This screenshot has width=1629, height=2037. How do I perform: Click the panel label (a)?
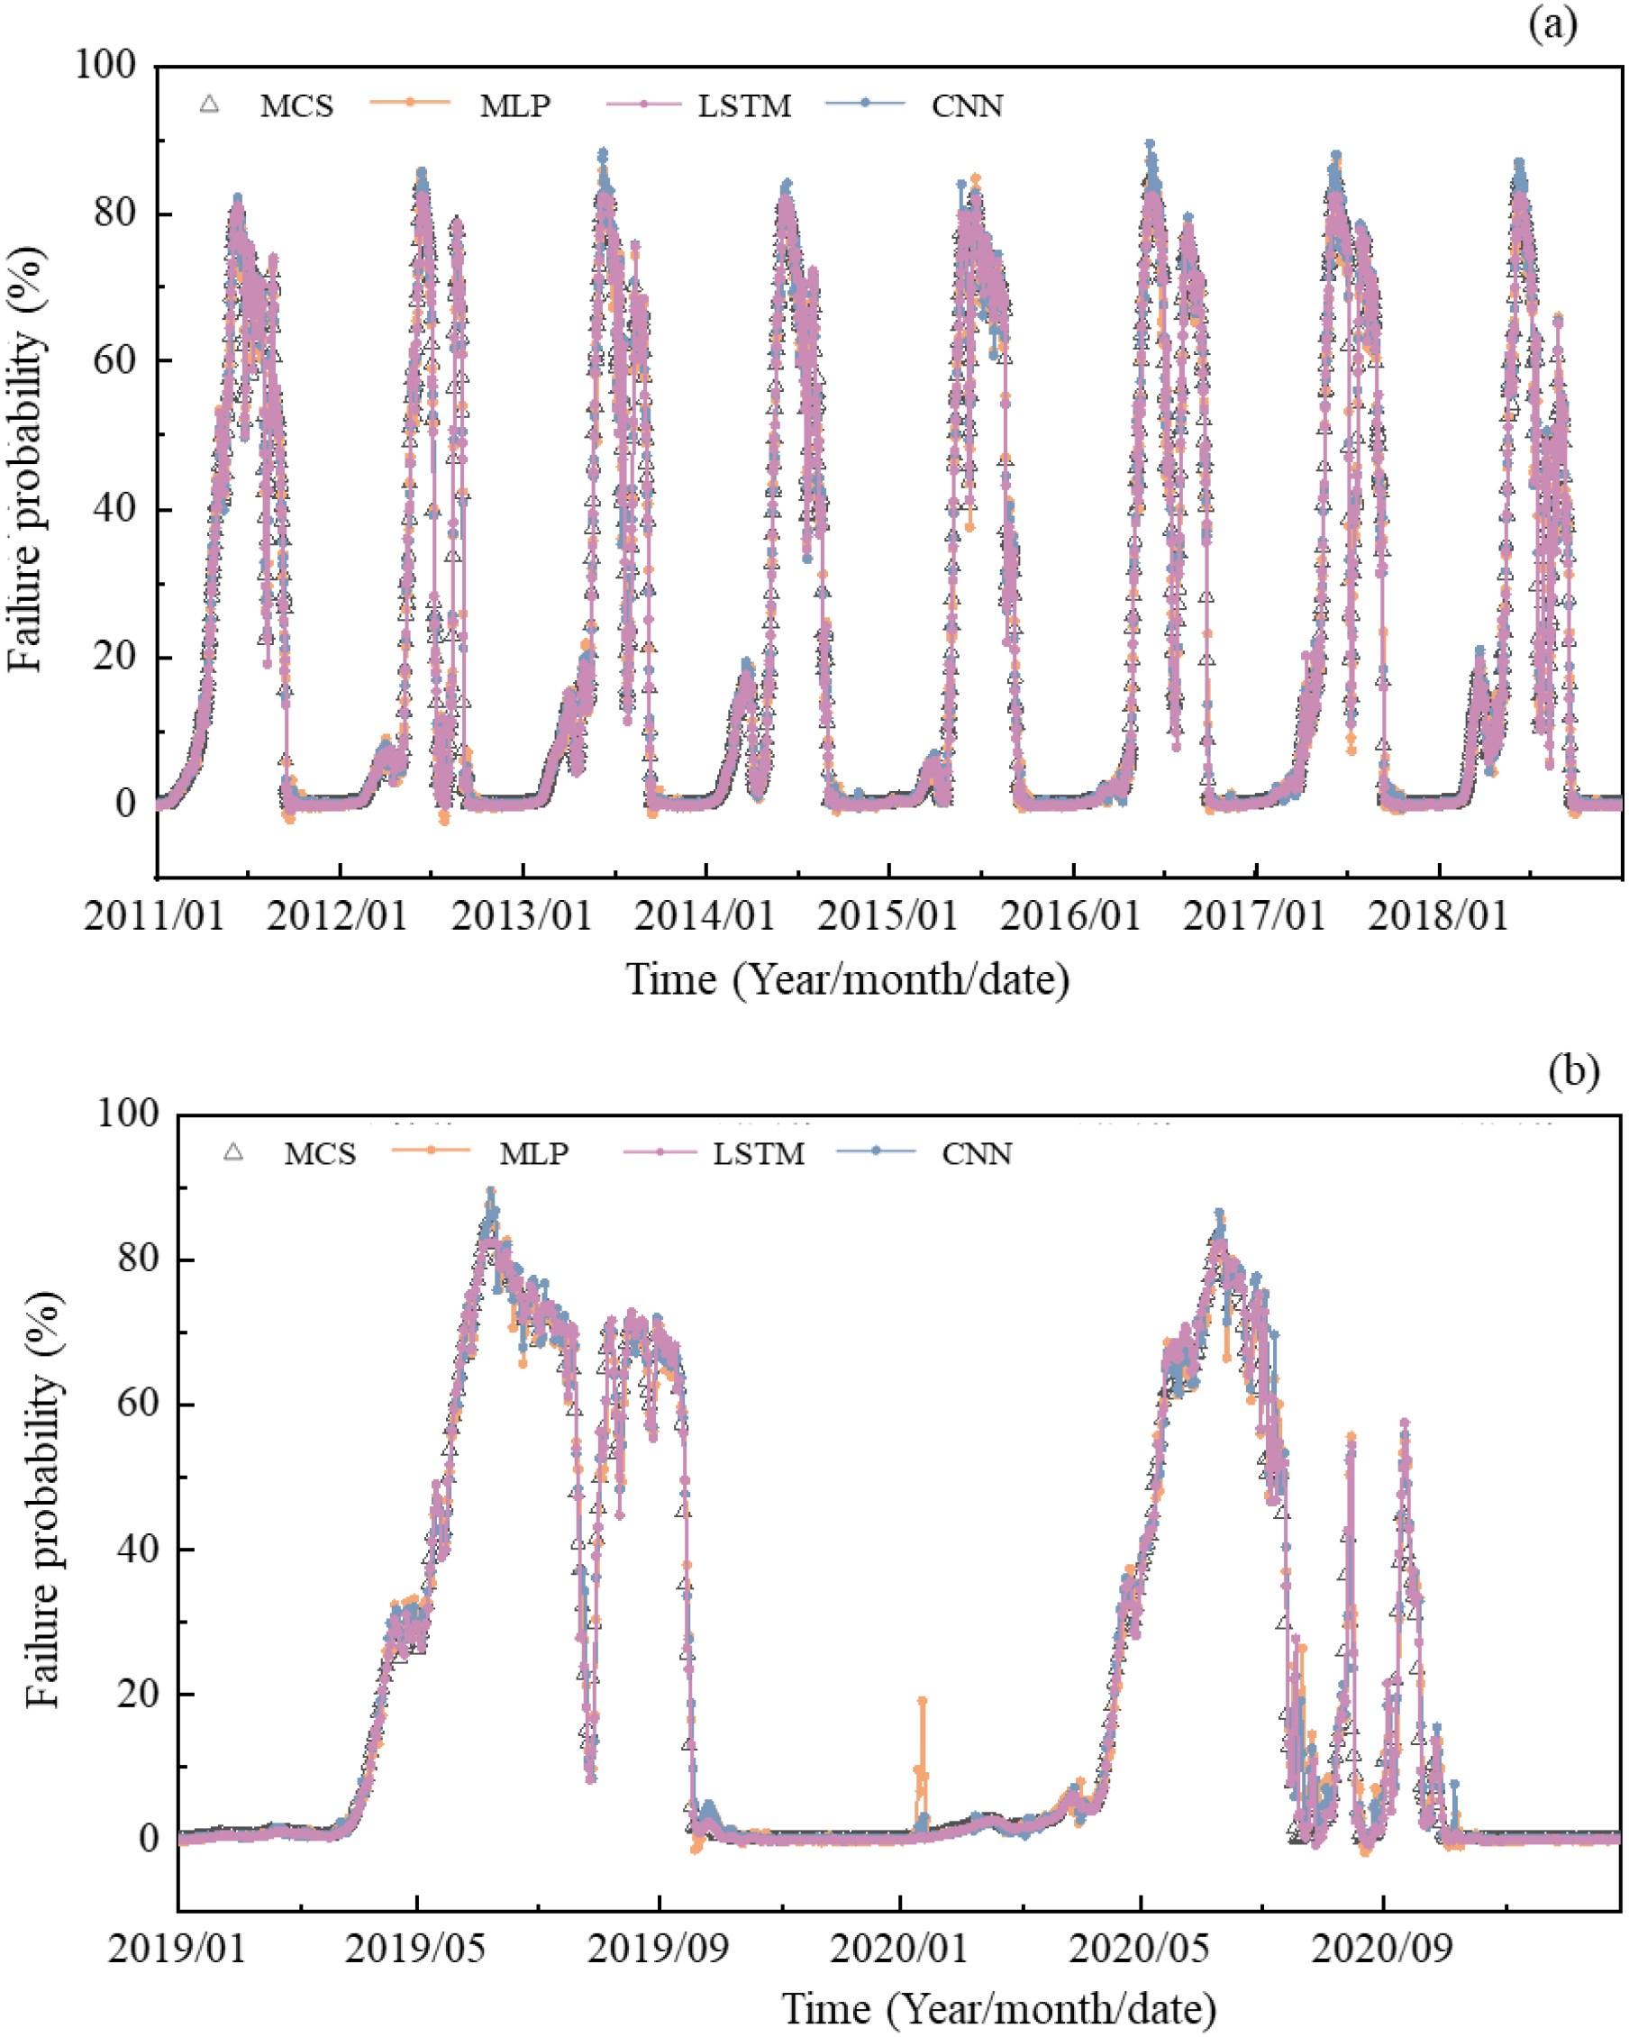(1552, 24)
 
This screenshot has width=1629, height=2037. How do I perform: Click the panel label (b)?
(1574, 1071)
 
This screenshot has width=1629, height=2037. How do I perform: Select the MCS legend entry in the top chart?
(296, 105)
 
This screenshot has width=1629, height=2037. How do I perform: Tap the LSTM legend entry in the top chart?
(744, 105)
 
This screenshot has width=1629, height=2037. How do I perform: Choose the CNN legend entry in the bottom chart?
(976, 1153)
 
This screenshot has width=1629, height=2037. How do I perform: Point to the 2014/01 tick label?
(704, 915)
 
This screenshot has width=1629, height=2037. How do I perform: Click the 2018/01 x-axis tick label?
(1437, 915)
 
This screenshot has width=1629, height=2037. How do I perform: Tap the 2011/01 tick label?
(154, 915)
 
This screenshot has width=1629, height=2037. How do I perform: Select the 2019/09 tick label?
(658, 1948)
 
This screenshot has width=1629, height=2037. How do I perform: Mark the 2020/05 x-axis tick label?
(1140, 1948)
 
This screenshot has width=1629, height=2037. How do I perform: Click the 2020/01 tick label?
(898, 1948)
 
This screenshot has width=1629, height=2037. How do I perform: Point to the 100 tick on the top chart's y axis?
(105, 65)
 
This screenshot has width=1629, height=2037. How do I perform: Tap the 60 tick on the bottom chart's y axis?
(138, 1404)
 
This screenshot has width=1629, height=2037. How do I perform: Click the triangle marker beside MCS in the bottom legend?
(233, 1151)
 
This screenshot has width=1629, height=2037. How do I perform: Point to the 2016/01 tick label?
(1070, 915)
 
